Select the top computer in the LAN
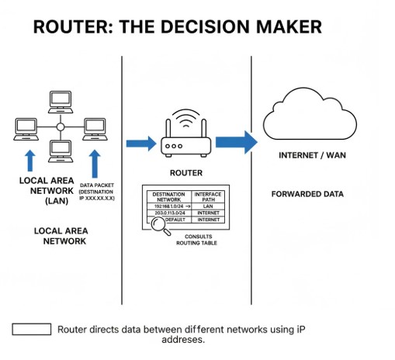pyautogui.click(x=60, y=100)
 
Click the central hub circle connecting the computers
pyautogui.click(x=60, y=126)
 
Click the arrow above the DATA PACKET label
pyautogui.click(x=95, y=163)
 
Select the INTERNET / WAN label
pyautogui.click(x=311, y=155)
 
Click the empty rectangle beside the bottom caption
pyautogui.click(x=31, y=329)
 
